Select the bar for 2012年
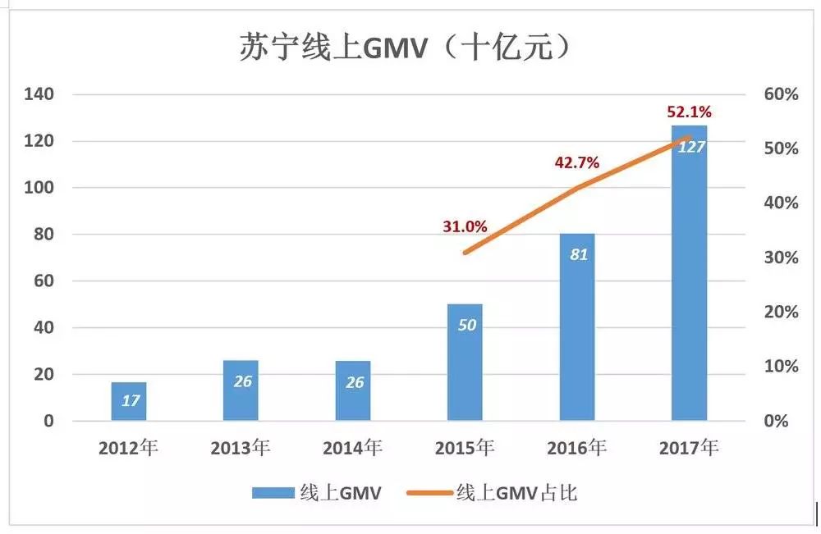(129, 401)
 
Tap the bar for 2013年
(241, 390)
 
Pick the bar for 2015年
(466, 362)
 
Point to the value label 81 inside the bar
(578, 254)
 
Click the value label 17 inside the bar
(129, 401)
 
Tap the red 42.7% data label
(576, 162)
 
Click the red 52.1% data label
(689, 112)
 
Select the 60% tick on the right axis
(780, 94)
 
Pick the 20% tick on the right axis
(780, 313)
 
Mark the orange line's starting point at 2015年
(465, 253)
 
